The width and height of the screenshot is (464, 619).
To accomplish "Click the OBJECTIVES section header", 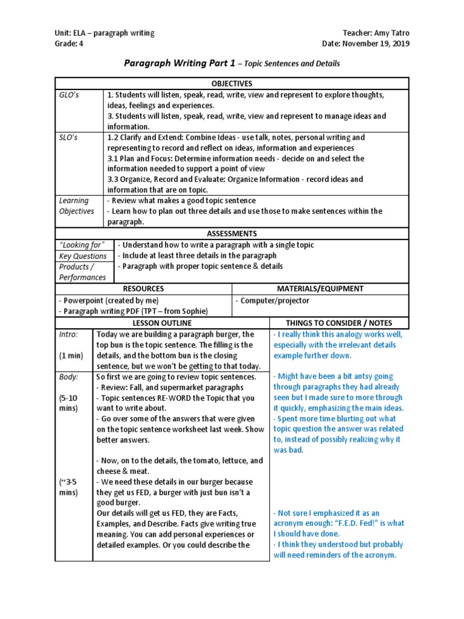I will click(231, 83).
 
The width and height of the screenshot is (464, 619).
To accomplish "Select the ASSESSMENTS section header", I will click(231, 233).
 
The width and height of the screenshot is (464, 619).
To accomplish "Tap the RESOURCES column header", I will click(143, 289).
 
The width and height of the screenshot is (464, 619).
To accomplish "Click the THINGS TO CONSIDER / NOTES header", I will click(339, 323).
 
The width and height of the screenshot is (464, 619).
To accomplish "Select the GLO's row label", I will click(69, 95).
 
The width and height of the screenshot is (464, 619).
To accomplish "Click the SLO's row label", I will click(69, 137).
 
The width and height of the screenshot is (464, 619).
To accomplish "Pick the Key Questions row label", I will click(83, 256).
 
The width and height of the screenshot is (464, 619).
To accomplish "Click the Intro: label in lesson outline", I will click(68, 334).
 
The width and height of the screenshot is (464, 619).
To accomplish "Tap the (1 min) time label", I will click(71, 355).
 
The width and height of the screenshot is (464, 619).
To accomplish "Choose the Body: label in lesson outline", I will click(69, 377).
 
